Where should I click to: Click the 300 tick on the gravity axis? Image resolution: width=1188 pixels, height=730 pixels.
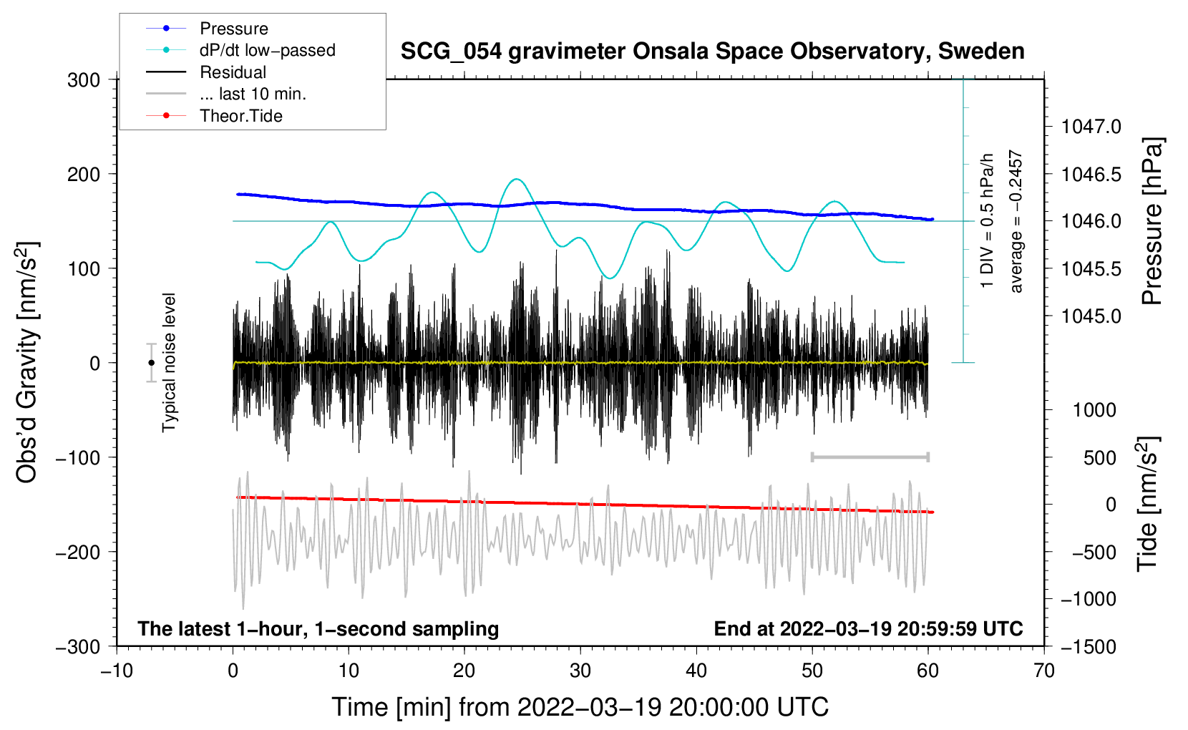coord(84,80)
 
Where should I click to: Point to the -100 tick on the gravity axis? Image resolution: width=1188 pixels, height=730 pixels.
coord(78,457)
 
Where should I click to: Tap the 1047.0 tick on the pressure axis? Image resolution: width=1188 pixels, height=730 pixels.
coord(1091,127)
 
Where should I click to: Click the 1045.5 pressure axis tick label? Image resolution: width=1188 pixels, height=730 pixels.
coord(1091,268)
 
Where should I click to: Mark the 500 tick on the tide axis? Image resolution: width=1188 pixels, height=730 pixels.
coord(1100,458)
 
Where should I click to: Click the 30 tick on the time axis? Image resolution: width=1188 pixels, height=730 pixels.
coord(580,671)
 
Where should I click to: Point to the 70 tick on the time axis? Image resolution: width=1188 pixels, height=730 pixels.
coord(1043,671)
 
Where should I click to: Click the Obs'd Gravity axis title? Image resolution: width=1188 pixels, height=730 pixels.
coord(26,362)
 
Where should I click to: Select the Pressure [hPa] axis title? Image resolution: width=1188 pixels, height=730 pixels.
coord(1152,221)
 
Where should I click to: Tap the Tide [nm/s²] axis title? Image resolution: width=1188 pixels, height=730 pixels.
coord(1148,504)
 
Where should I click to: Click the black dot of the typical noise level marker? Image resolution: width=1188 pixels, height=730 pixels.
coord(151,363)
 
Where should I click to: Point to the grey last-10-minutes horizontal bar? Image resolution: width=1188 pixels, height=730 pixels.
coord(870,457)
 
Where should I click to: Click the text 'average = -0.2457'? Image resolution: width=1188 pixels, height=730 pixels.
coord(1016,221)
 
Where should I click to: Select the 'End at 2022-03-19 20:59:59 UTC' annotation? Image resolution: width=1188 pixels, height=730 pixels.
coord(868,628)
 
